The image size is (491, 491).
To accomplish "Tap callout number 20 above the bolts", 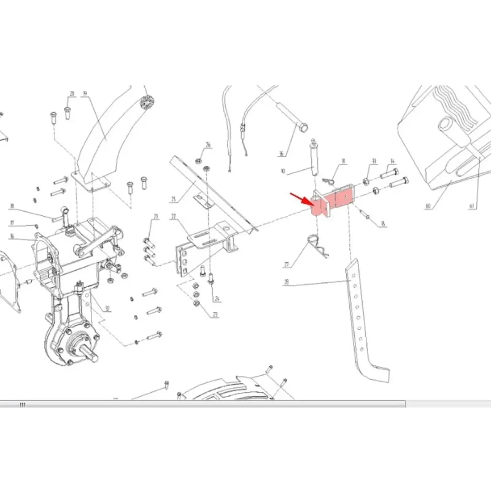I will click(72, 94).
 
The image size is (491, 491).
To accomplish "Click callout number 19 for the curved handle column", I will click(85, 94).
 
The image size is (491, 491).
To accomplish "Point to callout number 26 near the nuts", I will click(208, 145).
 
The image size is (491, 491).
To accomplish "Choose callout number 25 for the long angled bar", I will click(174, 199).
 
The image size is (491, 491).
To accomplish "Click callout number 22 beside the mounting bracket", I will click(174, 217).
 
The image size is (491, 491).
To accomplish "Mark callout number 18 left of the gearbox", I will click(12, 206).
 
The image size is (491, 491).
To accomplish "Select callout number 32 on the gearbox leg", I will click(107, 309).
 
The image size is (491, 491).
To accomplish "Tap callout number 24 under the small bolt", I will click(216, 299).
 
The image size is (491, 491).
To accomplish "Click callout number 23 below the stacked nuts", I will click(215, 314).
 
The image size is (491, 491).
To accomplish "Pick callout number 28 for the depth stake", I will click(286, 283).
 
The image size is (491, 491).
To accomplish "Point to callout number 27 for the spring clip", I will click(286, 265).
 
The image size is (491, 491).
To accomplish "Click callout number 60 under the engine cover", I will click(427, 207).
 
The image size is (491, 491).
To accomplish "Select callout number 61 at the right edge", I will click(473, 207).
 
